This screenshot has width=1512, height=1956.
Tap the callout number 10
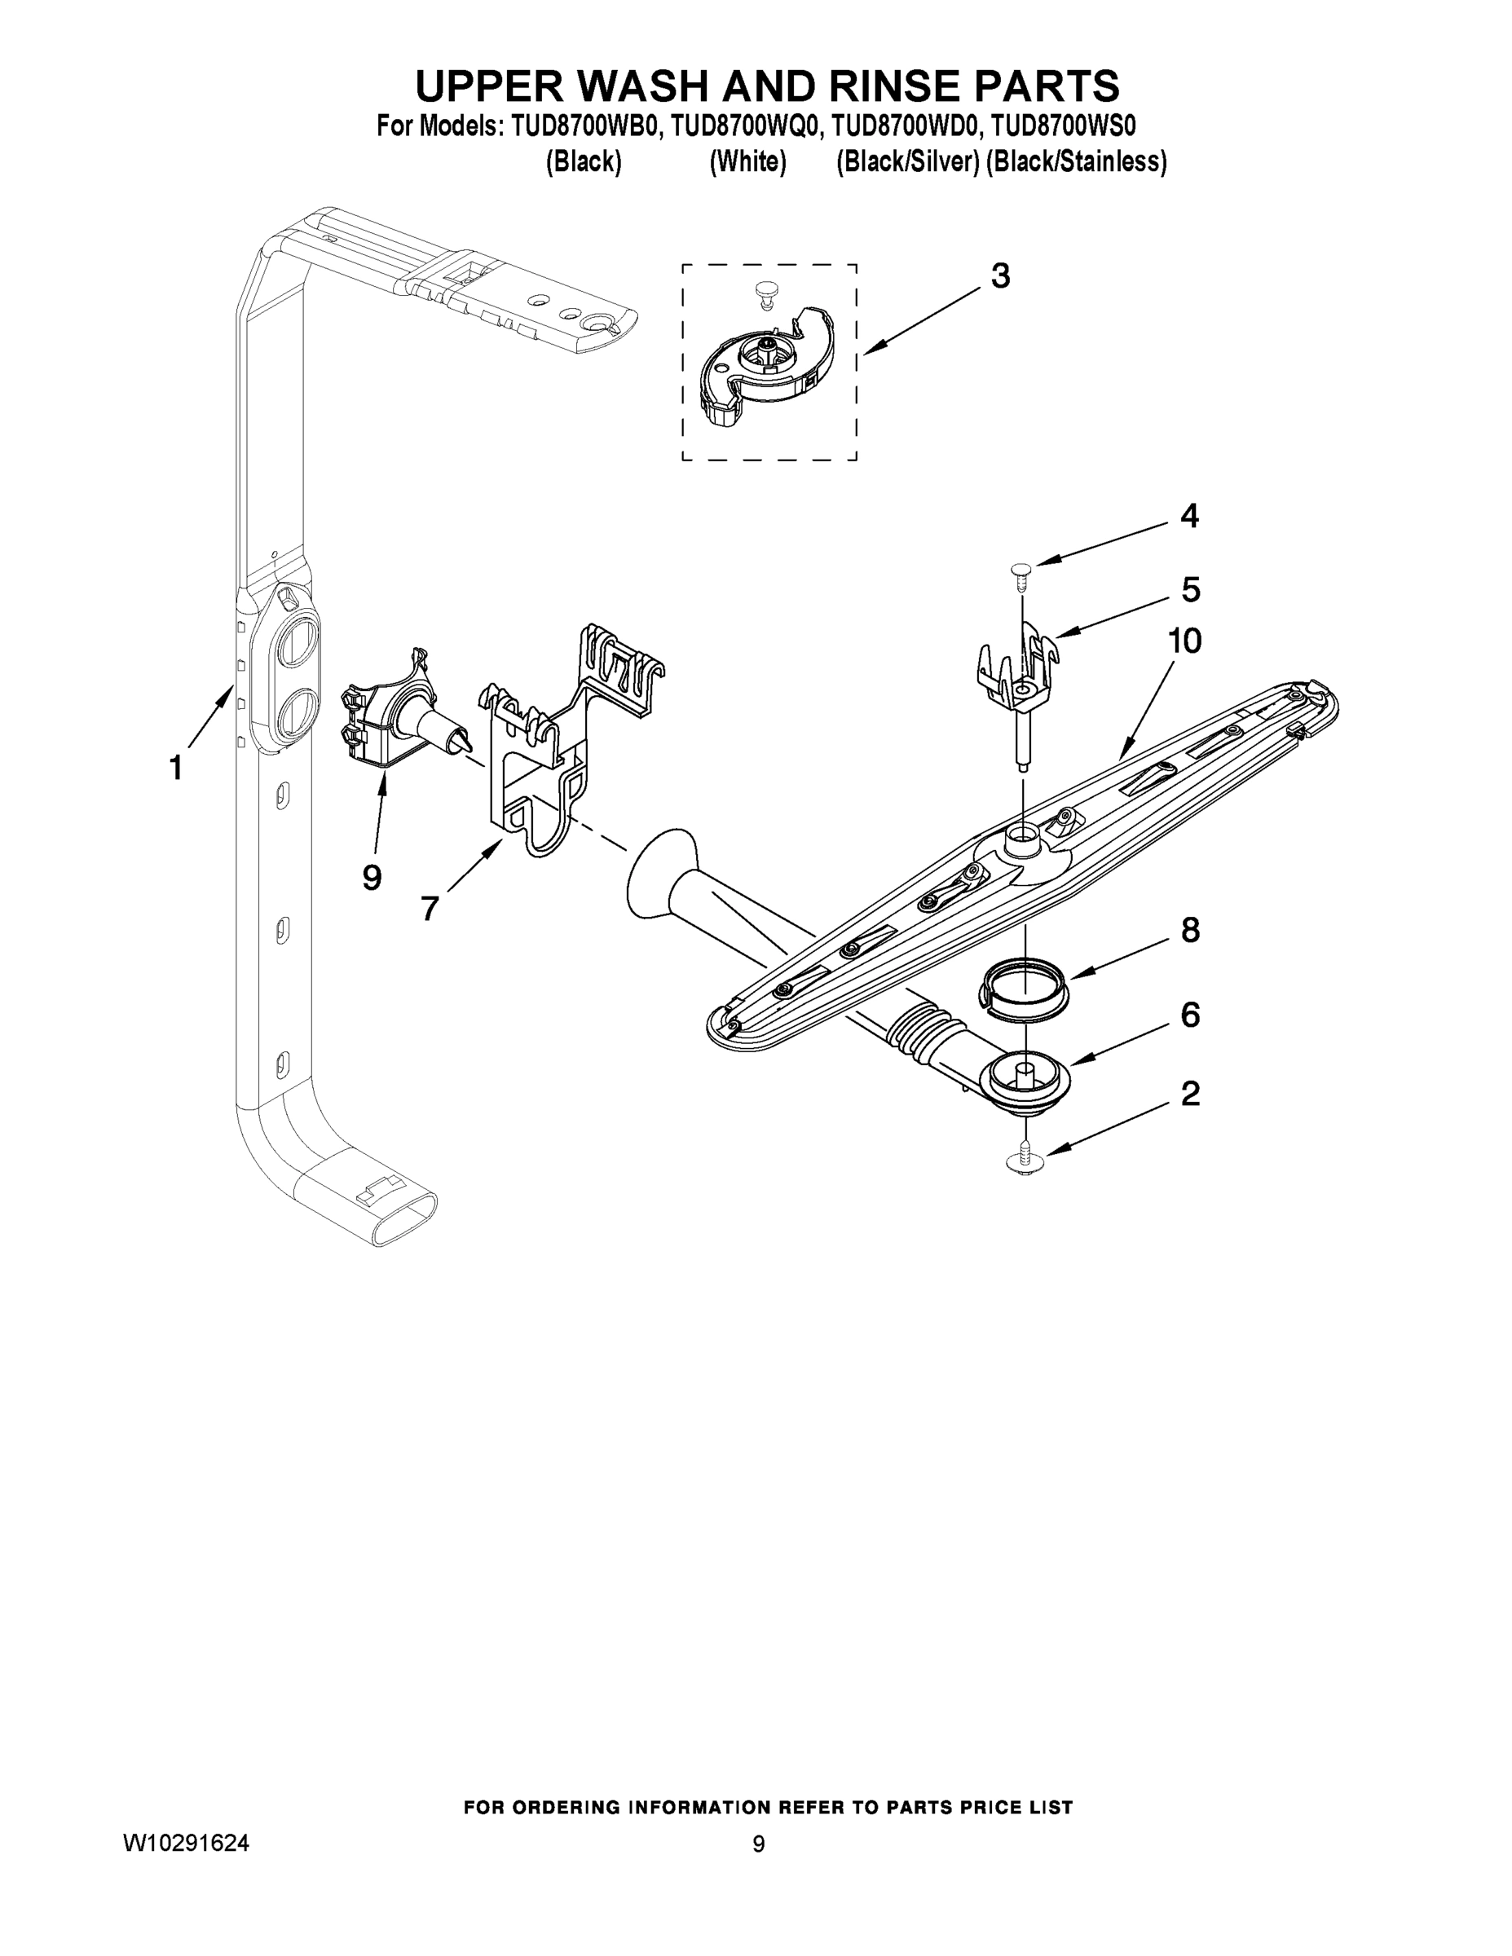coord(1184,641)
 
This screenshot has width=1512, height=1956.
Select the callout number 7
coord(429,909)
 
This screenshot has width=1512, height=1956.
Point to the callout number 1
coord(176,768)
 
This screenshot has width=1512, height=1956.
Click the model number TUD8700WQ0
coord(744,126)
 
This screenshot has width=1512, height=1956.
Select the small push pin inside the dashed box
coord(764,295)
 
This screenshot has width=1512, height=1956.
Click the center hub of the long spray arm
coord(1021,842)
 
